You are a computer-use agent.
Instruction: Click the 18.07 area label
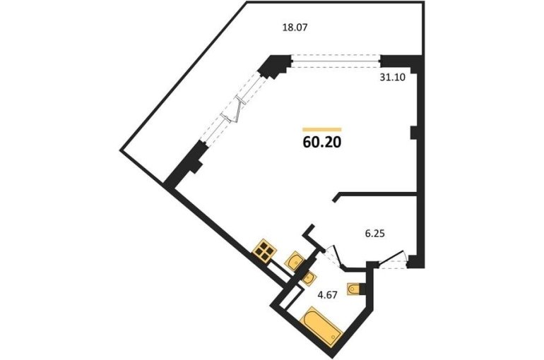coord(295,28)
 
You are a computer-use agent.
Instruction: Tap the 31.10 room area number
coord(392,77)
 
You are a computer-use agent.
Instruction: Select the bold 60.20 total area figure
coord(322,142)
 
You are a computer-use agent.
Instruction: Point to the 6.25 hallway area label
coord(374,234)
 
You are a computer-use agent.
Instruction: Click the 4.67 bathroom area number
coord(328,295)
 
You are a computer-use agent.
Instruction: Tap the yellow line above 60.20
coord(322,130)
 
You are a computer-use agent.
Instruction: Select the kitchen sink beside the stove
coord(294,260)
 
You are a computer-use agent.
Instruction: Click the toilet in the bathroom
coord(353,289)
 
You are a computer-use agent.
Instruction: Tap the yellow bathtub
coord(323,326)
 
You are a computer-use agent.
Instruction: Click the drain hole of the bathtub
coord(333,337)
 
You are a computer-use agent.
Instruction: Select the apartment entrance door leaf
coord(391,257)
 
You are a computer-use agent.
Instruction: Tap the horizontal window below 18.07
coord(336,62)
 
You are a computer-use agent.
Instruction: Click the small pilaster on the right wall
coord(413,133)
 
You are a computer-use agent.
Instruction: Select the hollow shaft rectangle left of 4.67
coord(290,297)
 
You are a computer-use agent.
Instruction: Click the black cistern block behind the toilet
coord(363,289)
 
